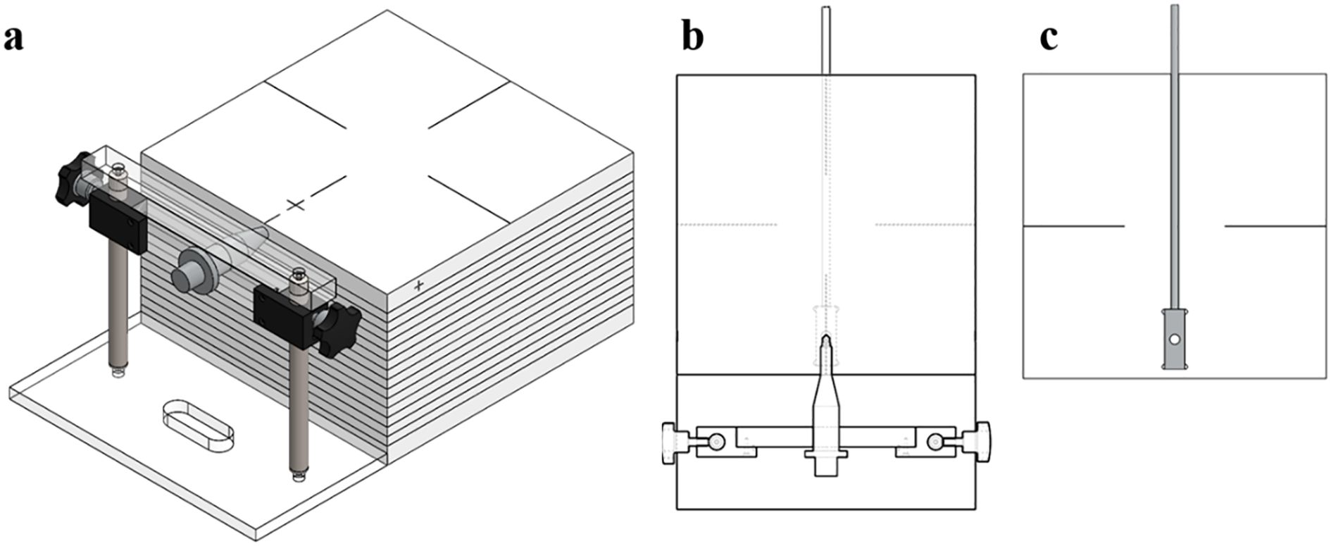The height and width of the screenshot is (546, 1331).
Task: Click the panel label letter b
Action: pos(693,37)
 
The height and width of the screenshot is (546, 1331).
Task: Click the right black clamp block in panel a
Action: pos(282,315)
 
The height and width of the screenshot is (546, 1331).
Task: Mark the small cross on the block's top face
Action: pos(296,205)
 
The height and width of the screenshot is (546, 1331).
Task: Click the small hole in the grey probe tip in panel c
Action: pos(1175,340)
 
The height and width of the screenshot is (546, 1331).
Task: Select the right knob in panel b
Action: pos(981,442)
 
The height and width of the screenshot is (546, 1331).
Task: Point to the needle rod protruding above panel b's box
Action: pos(827,39)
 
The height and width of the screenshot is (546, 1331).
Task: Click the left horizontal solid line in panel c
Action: pos(1073,226)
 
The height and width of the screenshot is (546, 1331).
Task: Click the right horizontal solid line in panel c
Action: pos(1275,226)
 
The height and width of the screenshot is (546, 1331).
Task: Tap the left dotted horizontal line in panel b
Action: pos(727,225)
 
